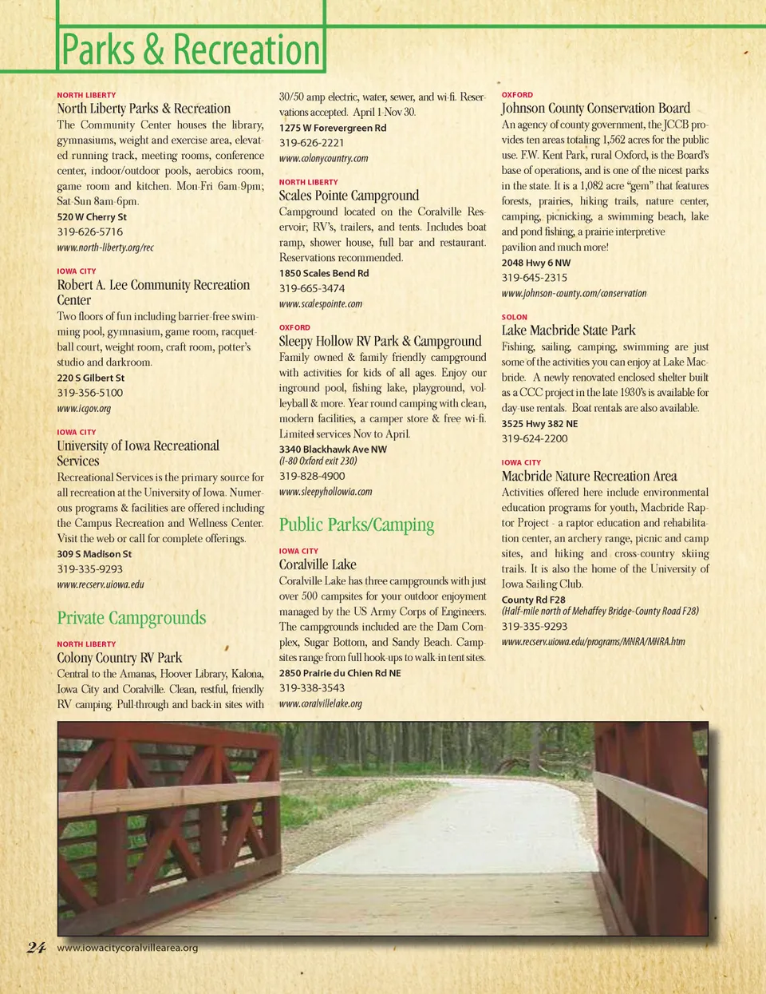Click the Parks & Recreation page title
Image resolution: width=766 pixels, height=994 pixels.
tap(191, 50)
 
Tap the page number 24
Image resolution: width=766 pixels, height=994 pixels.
tap(36, 948)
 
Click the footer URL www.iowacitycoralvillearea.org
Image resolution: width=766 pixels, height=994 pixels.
tap(128, 948)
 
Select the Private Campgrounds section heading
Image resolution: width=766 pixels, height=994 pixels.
tap(131, 618)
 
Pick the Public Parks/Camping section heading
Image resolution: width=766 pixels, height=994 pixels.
tap(357, 525)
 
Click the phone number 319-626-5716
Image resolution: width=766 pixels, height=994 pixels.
tap(89, 232)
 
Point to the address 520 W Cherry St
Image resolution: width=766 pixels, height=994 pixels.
tap(92, 216)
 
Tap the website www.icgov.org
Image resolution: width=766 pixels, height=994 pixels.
tap(84, 408)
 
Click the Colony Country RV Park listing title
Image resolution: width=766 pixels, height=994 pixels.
tap(119, 658)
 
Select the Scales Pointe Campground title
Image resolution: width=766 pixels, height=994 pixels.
tap(349, 196)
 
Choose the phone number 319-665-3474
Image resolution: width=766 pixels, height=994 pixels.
tap(312, 288)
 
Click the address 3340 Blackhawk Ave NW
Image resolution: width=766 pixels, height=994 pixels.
tap(333, 449)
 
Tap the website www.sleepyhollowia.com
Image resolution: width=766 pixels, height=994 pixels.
tap(326, 492)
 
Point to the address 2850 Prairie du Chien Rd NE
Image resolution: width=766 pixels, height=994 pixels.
tap(340, 673)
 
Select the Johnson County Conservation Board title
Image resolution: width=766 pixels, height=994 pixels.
tap(595, 109)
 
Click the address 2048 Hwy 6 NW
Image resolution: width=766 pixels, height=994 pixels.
tap(536, 263)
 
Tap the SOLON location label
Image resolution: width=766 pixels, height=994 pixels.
tap(514, 317)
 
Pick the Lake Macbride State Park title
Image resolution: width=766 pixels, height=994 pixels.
tap(568, 331)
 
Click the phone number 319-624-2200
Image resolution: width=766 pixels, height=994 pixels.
tap(535, 438)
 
